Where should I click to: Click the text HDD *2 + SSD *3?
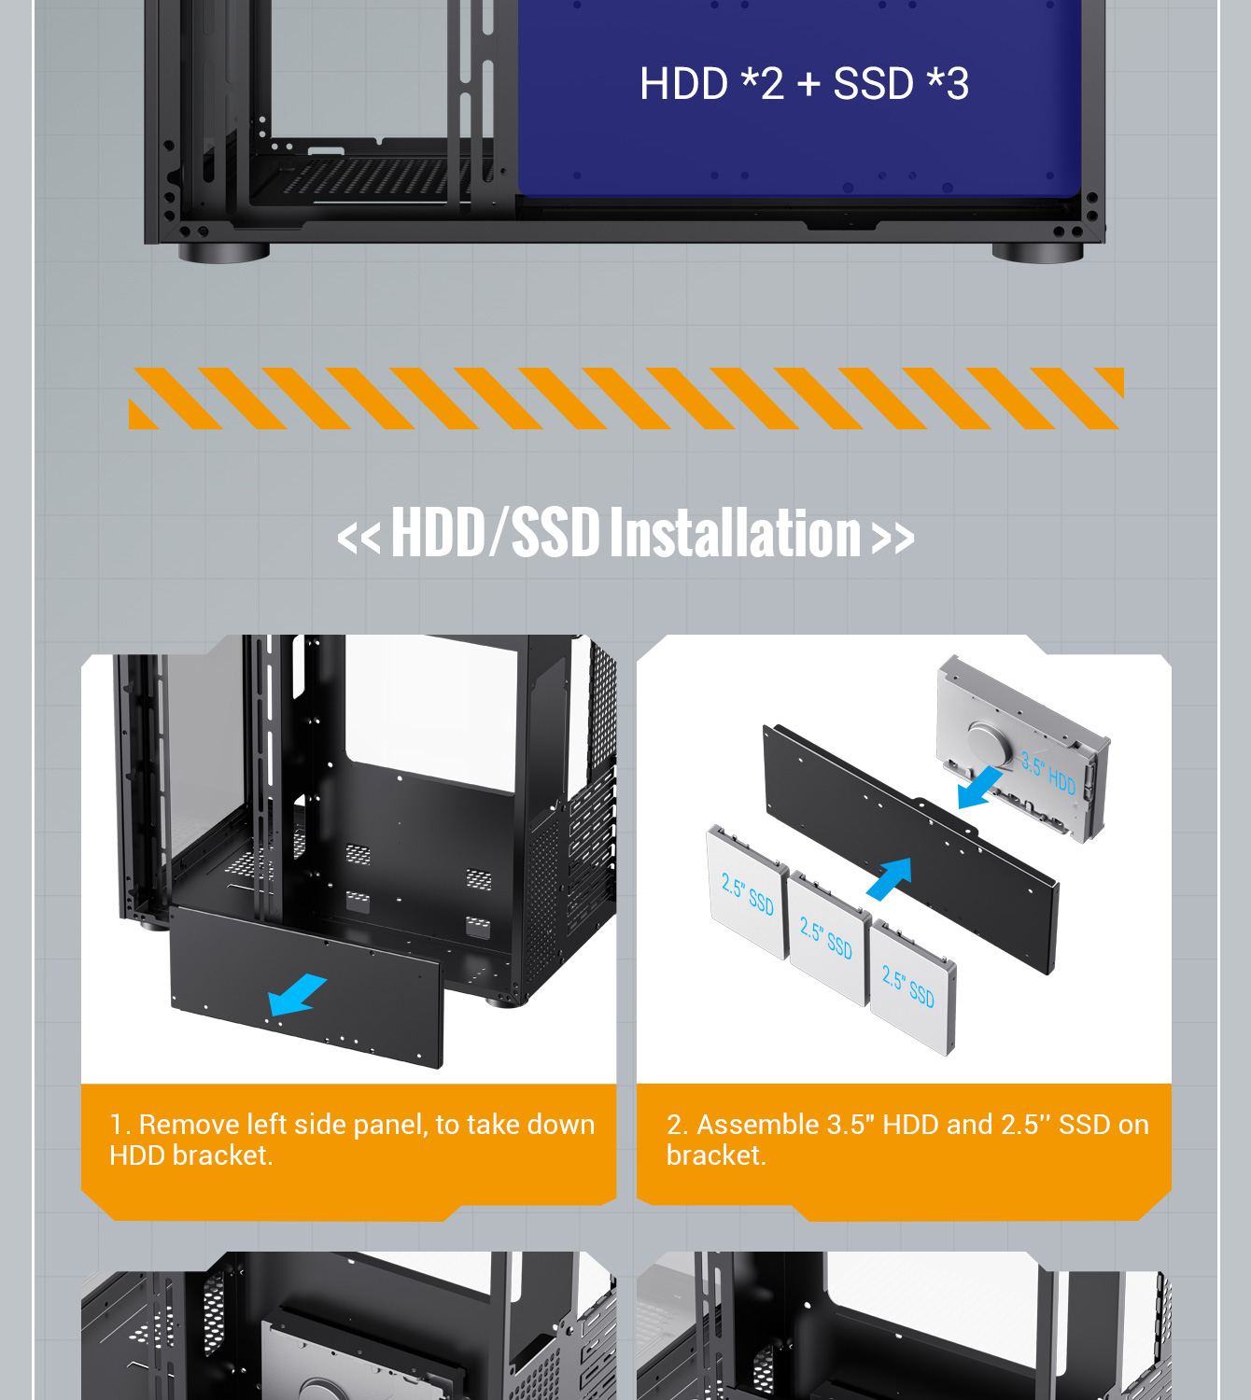coord(804,84)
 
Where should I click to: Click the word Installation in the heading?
coord(736,532)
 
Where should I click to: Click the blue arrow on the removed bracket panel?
coord(297,994)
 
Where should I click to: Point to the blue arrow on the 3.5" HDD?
coord(980,787)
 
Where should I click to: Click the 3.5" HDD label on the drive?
coord(1048,774)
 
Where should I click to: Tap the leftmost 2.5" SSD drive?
coord(747,892)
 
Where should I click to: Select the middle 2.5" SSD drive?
coord(828,938)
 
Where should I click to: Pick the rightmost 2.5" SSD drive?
coord(912,987)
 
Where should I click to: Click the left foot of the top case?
coord(224,252)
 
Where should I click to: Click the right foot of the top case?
coord(1037,252)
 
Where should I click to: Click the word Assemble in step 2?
coord(757,1125)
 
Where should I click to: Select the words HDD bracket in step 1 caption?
coord(191,1155)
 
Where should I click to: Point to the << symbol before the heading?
coord(358,537)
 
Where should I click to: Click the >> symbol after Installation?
coord(893,537)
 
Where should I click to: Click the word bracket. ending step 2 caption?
coord(716,1155)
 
